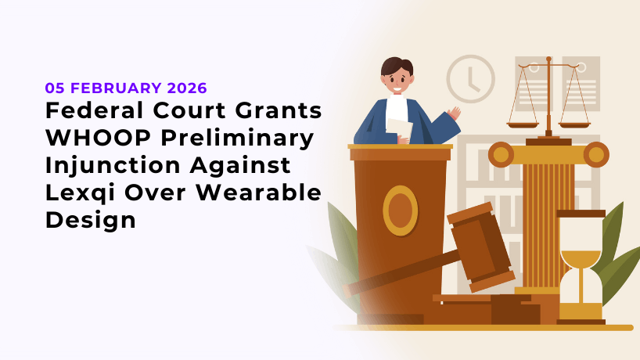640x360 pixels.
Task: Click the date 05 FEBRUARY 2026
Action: click(x=126, y=88)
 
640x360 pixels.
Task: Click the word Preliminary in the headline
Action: click(x=234, y=139)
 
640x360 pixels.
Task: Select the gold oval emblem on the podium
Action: click(x=400, y=211)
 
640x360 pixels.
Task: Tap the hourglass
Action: click(x=581, y=266)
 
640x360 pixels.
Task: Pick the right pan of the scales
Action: click(x=574, y=123)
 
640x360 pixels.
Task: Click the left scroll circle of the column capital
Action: click(x=502, y=154)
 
